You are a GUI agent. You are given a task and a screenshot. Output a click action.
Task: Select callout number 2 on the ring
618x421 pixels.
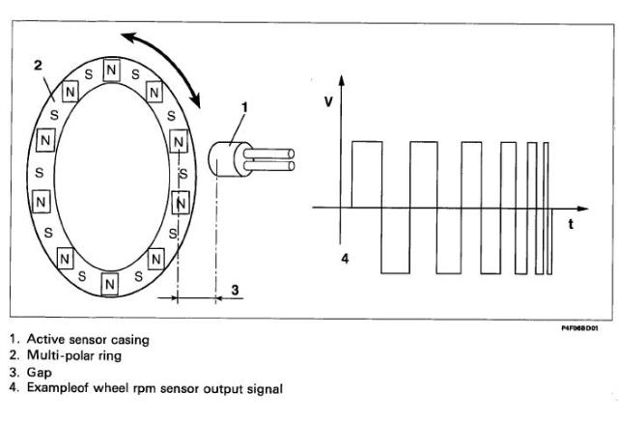(x=37, y=66)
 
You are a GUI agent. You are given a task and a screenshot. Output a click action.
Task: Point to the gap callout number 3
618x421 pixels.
(x=233, y=290)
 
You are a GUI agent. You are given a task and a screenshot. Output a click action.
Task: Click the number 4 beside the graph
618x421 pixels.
(x=345, y=259)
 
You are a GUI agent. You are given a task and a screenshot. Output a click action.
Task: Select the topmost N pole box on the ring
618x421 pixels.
(x=112, y=70)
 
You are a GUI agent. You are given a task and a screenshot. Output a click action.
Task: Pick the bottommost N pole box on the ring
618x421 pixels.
(x=109, y=284)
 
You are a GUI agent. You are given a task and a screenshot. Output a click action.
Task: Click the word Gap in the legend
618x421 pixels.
(x=39, y=371)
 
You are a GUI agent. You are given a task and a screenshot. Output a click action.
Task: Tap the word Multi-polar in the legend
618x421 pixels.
(x=57, y=355)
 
